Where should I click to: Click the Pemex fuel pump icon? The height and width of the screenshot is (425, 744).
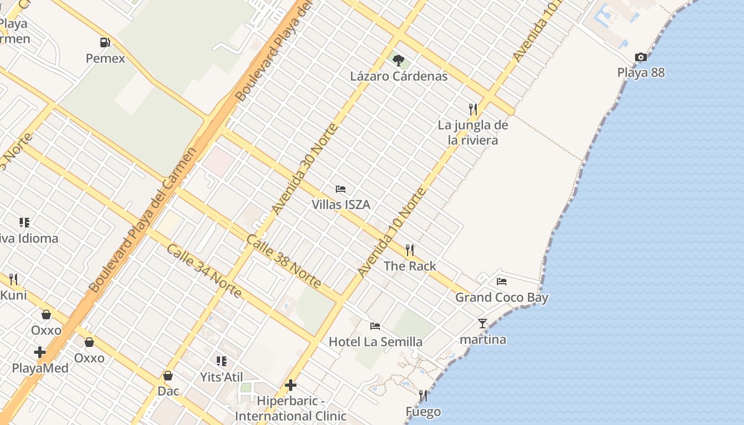click(105, 42)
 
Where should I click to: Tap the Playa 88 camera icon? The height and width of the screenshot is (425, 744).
click(641, 57)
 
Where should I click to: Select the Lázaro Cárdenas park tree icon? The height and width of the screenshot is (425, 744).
click(398, 61)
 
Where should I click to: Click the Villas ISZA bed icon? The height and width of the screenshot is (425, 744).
click(341, 189)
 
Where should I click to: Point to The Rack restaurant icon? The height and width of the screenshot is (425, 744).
click(410, 250)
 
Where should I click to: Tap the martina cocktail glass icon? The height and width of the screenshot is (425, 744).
click(483, 323)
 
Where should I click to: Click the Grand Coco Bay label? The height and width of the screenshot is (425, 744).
click(501, 297)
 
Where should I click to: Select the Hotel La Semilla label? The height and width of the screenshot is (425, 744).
click(375, 342)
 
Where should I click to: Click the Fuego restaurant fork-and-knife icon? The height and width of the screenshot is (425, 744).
click(423, 396)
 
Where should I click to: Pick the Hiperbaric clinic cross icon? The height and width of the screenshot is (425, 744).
click(291, 385)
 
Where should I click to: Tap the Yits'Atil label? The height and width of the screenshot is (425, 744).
click(221, 377)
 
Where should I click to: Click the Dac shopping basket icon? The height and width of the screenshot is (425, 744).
click(168, 376)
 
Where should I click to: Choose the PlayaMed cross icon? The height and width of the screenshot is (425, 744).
click(40, 352)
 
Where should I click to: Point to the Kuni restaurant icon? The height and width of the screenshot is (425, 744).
click(13, 279)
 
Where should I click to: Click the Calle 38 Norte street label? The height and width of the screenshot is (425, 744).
click(283, 261)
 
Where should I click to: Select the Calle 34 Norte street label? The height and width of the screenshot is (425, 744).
click(204, 271)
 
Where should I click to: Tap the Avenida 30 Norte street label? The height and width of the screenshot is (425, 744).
click(305, 169)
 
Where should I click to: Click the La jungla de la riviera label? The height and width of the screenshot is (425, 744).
click(473, 132)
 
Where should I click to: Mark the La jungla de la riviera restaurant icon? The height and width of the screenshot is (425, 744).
click(473, 109)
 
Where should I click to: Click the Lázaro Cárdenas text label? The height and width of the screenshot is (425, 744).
click(399, 76)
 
